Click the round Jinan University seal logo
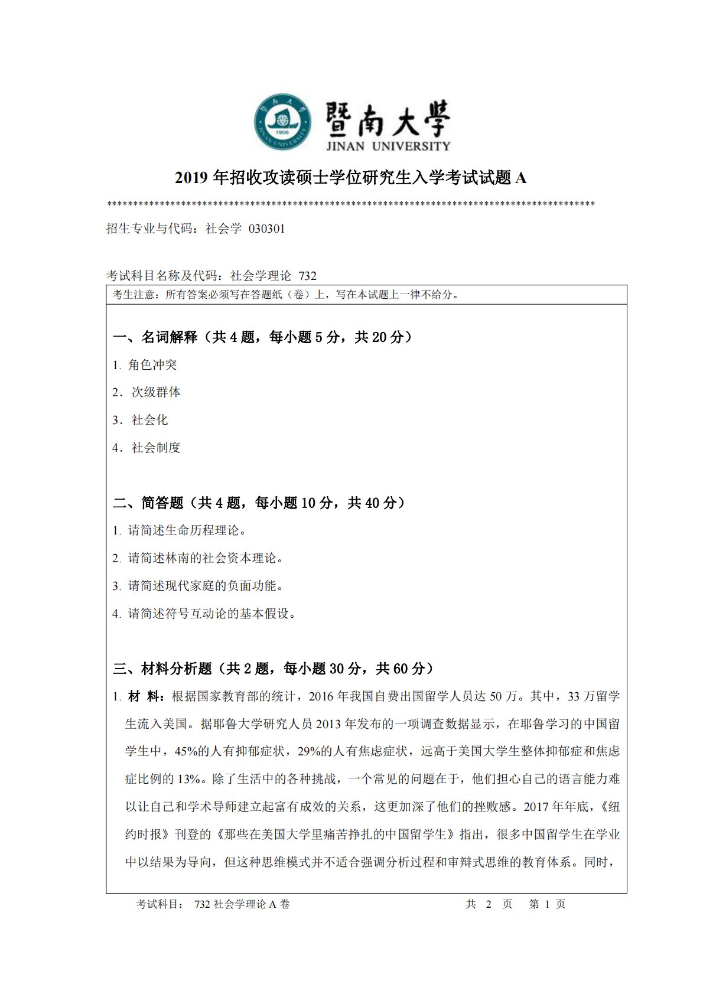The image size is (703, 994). pyautogui.click(x=283, y=122)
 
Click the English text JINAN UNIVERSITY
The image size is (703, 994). pyautogui.click(x=388, y=146)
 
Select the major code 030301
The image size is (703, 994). pyautogui.click(x=267, y=229)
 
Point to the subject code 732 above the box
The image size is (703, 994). pyautogui.click(x=308, y=276)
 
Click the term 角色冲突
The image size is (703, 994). pyautogui.click(x=152, y=365)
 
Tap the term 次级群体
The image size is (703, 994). pyautogui.click(x=156, y=392)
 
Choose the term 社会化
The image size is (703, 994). pyautogui.click(x=149, y=420)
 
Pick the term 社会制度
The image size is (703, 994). pyautogui.click(x=156, y=448)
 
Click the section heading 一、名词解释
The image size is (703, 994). pyautogui.click(x=155, y=337)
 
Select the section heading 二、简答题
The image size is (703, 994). pyautogui.click(x=148, y=503)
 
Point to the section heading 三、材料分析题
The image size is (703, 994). pyautogui.click(x=162, y=669)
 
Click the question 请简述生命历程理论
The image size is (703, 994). pyautogui.click(x=187, y=530)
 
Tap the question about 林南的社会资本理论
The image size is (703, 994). pyautogui.click(x=206, y=558)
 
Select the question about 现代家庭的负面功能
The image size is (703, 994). pyautogui.click(x=206, y=586)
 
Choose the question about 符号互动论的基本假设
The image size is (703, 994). pyautogui.click(x=211, y=614)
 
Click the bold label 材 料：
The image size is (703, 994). pyautogui.click(x=147, y=696)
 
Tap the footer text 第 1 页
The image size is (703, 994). pyautogui.click(x=547, y=904)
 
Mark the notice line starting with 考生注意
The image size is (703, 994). pyautogui.click(x=286, y=295)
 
